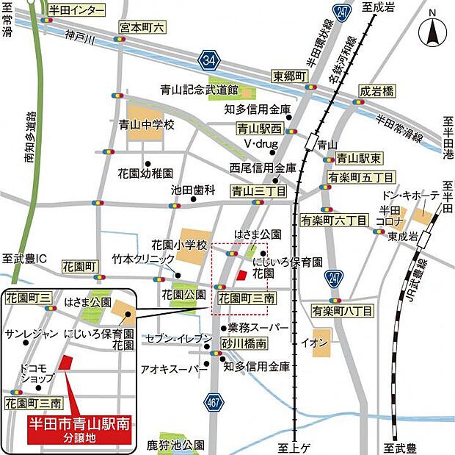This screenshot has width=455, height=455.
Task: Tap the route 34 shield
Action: click(210, 57)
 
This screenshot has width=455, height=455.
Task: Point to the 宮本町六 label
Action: click(143, 27)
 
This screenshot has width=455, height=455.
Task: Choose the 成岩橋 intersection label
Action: click(376, 91)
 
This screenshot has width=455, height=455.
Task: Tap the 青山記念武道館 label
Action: click(199, 90)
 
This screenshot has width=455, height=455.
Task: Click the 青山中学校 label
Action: click(147, 125)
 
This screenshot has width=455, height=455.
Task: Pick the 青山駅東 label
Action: click(357, 157)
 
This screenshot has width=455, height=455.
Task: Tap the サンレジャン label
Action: click(31, 334)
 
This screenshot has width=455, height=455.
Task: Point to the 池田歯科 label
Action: click(193, 190)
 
